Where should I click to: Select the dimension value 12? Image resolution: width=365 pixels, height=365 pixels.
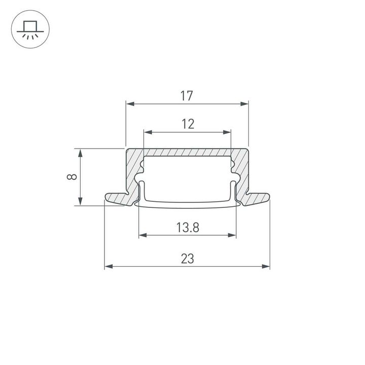[188, 124]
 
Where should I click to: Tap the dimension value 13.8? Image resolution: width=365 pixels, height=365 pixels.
[188, 228]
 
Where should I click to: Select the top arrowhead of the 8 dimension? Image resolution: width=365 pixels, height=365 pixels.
[80, 153]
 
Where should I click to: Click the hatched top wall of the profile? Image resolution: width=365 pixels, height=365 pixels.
[188, 153]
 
